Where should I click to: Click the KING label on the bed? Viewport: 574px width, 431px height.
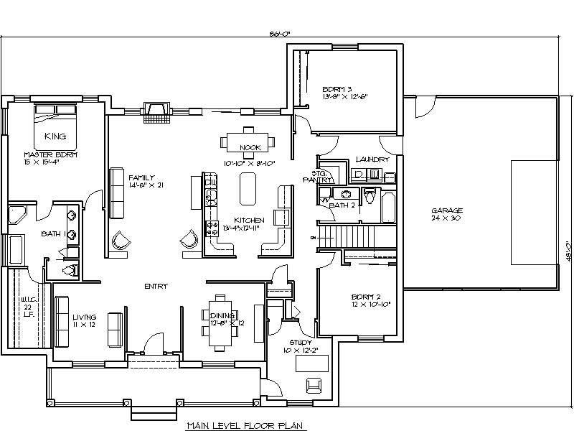[x=55, y=136]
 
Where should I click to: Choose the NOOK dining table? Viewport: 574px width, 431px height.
[x=248, y=142]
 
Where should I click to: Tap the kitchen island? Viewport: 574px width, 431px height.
[x=247, y=191]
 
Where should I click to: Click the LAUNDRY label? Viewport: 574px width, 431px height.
[x=372, y=159]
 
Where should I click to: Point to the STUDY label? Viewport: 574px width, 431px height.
[x=300, y=343]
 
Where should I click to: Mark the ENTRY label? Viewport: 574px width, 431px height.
[x=156, y=285]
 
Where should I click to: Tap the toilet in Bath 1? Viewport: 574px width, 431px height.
[x=70, y=269]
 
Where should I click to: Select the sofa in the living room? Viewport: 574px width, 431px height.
[x=113, y=328]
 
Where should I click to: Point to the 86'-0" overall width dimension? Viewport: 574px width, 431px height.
[x=281, y=33]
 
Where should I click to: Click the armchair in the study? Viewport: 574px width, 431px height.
[x=314, y=386]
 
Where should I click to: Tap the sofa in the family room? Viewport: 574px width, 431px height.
[x=116, y=193]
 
